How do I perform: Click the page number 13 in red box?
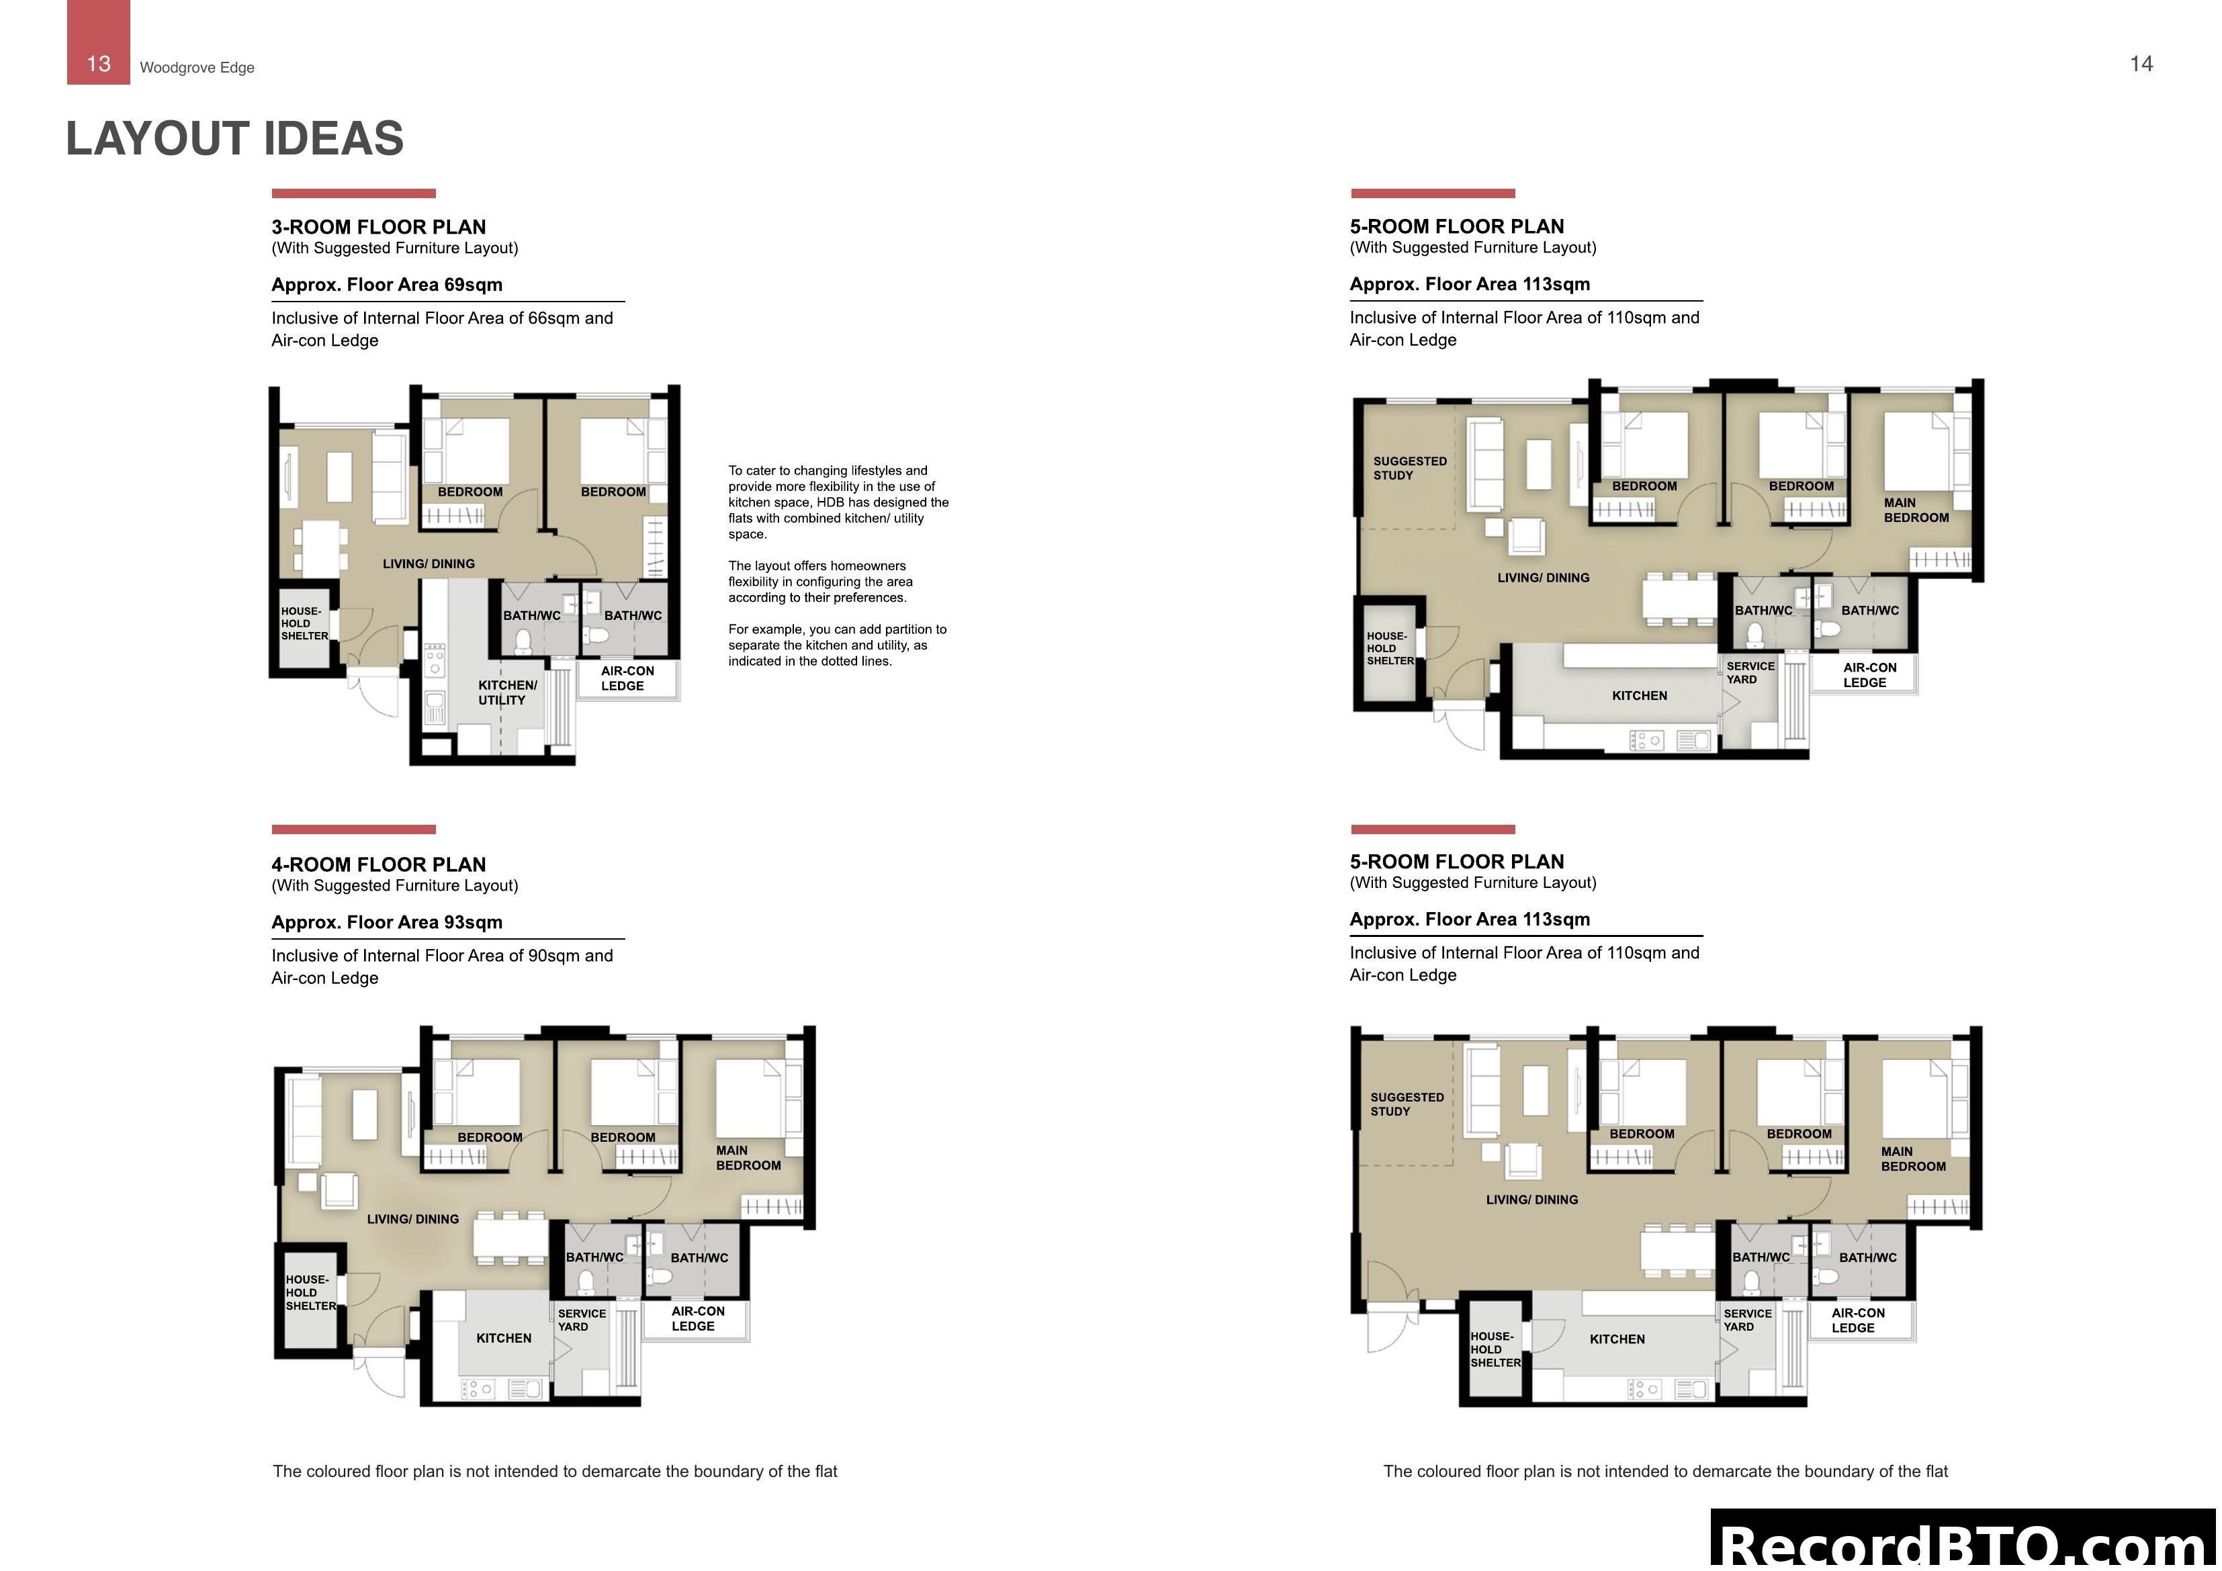point(99,64)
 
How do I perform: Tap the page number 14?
point(2141,64)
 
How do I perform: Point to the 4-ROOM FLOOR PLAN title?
point(378,864)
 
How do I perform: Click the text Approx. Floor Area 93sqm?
point(386,922)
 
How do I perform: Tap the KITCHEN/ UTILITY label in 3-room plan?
point(506,692)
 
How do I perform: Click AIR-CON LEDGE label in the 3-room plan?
point(626,678)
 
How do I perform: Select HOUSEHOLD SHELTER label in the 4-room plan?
point(310,1292)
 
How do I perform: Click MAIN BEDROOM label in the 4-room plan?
point(747,1158)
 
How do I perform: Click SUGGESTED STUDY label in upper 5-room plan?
point(1409,469)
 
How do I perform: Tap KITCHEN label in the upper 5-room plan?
point(1640,696)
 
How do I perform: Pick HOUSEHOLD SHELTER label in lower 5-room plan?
point(1495,1349)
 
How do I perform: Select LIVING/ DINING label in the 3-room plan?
point(428,564)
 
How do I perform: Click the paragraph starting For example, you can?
point(837,645)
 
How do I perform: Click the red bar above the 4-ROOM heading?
point(353,829)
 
